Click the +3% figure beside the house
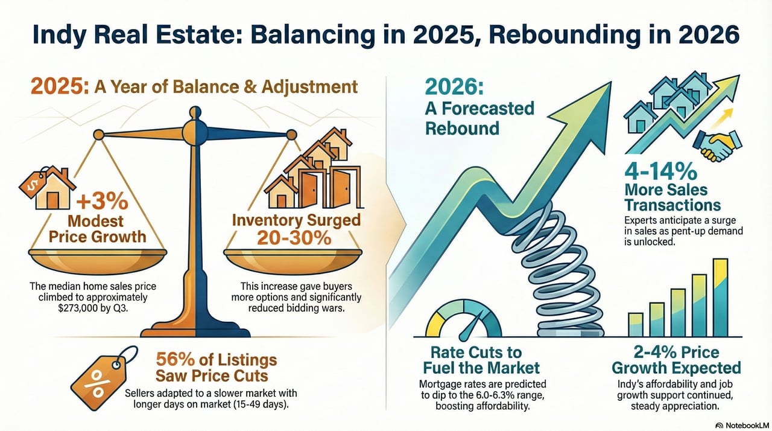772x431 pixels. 102,202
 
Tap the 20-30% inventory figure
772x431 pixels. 294,238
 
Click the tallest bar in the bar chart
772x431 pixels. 720,297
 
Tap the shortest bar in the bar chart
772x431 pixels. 635,324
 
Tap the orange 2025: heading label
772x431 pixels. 60,86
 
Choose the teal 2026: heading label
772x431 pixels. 454,87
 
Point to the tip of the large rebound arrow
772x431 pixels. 611,82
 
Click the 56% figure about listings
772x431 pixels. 175,359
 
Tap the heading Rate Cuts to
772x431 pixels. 476,353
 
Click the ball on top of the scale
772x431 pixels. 195,112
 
